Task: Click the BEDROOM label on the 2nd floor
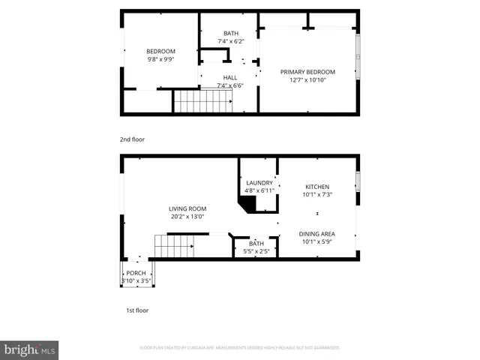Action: (160, 51)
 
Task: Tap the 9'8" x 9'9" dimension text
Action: (160, 59)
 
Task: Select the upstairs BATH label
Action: (231, 33)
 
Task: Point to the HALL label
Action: (230, 76)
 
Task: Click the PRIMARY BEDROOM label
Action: (307, 72)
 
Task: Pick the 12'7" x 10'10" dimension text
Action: (307, 80)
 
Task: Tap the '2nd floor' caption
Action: (132, 139)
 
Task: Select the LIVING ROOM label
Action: (187, 208)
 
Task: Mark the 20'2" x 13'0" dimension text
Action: (187, 217)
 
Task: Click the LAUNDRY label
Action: (259, 183)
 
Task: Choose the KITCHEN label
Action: (316, 187)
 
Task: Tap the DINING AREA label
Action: (316, 234)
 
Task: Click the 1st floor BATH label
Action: (256, 243)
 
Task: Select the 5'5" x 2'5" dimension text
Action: (256, 251)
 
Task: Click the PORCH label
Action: (136, 273)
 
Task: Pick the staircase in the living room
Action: (170, 245)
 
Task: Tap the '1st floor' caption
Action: (137, 310)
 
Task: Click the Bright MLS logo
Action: (29, 349)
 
